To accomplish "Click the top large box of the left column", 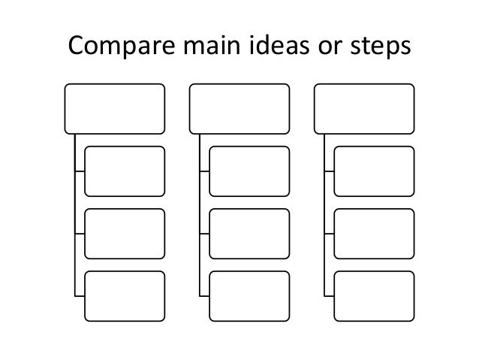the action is (115, 108).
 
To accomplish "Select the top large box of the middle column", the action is (239, 108).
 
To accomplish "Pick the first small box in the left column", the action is (125, 171).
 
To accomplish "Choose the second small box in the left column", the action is (125, 233).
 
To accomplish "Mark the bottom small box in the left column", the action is (125, 295).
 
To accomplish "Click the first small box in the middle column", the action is (249, 171).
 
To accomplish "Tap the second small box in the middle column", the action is (249, 233).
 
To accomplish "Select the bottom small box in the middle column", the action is (249, 295).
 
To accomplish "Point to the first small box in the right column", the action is (374, 171).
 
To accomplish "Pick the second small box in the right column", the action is (374, 233).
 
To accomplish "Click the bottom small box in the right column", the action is (374, 295).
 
